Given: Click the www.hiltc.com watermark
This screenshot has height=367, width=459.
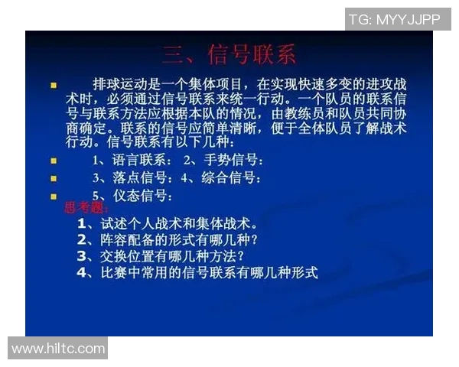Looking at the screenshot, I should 58,349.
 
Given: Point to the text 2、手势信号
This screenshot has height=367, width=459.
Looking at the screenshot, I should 223,161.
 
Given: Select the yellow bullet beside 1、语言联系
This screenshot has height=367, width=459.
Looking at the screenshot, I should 54,161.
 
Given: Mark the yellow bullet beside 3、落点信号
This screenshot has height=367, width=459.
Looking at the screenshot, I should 54,179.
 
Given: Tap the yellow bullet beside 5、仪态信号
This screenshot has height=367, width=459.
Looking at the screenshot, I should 54,196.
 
